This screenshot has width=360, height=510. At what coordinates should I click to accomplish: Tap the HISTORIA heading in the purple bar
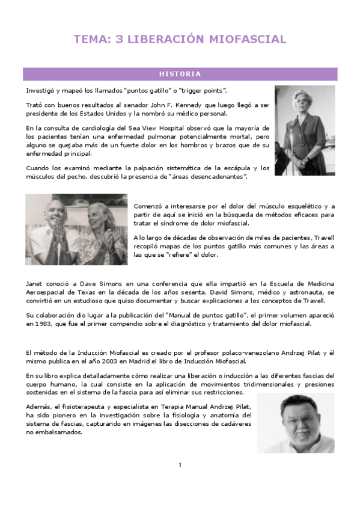[x=180, y=74]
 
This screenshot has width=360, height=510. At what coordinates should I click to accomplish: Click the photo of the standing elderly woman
[x=305, y=130]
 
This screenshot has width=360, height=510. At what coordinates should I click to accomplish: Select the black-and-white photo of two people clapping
[x=76, y=229]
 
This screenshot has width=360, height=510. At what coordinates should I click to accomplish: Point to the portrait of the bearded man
[x=295, y=423]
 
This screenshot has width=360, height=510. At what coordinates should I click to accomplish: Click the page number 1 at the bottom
[x=180, y=464]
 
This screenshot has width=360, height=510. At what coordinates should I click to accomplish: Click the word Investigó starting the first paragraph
[x=39, y=90]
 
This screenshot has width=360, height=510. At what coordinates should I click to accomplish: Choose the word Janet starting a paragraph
[x=35, y=283]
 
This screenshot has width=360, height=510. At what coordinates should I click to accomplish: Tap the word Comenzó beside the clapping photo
[x=148, y=206]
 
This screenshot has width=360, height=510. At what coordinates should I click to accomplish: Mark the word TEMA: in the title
[x=91, y=40]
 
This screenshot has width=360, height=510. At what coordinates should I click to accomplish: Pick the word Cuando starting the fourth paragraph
[x=37, y=168]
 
